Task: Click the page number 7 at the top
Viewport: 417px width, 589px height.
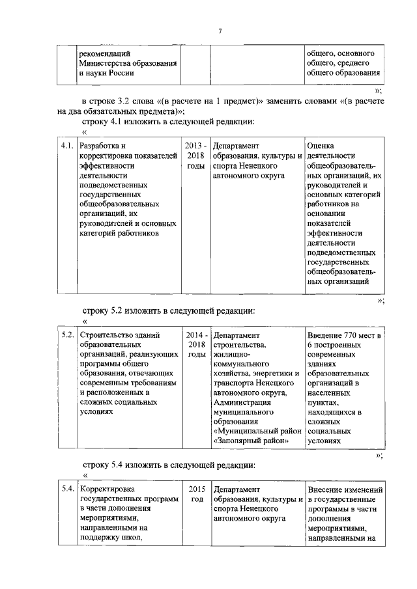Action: [220, 31]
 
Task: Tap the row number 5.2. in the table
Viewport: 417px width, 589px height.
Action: [66, 335]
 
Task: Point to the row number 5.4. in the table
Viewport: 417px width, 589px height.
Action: [66, 489]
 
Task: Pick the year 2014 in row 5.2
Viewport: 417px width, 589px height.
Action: [194, 335]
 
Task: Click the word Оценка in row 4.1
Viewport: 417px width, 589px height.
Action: [321, 146]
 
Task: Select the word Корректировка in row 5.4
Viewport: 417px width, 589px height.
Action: [107, 489]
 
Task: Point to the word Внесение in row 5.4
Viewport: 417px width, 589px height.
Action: [325, 489]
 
